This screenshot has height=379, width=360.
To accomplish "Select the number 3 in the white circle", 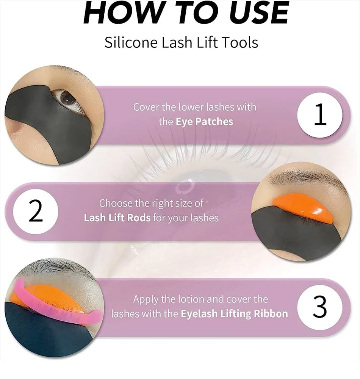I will [320, 308].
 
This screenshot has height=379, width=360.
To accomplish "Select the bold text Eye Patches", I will [204, 122].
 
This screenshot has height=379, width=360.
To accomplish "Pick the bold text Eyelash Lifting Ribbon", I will [234, 314].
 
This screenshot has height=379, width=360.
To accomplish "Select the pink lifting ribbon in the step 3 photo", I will [57, 303].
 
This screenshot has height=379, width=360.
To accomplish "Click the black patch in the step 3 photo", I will [45, 334].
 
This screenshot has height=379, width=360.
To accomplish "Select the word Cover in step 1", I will [147, 107].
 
